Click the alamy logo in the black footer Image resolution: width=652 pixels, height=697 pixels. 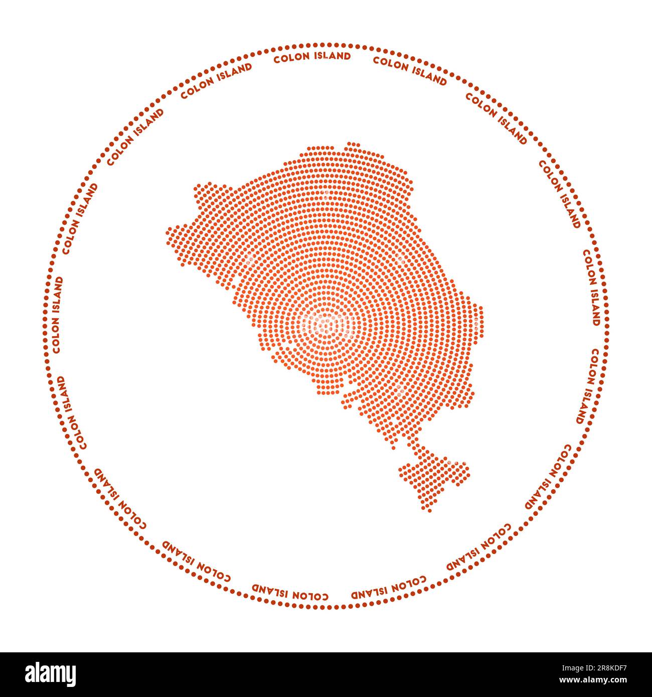(x=50, y=674)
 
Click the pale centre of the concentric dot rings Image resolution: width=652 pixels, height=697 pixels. (x=329, y=324)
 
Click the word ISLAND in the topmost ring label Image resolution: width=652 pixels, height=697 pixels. (x=332, y=56)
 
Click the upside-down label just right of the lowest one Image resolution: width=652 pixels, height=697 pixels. (x=389, y=588)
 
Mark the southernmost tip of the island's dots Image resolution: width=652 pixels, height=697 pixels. (x=429, y=510)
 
